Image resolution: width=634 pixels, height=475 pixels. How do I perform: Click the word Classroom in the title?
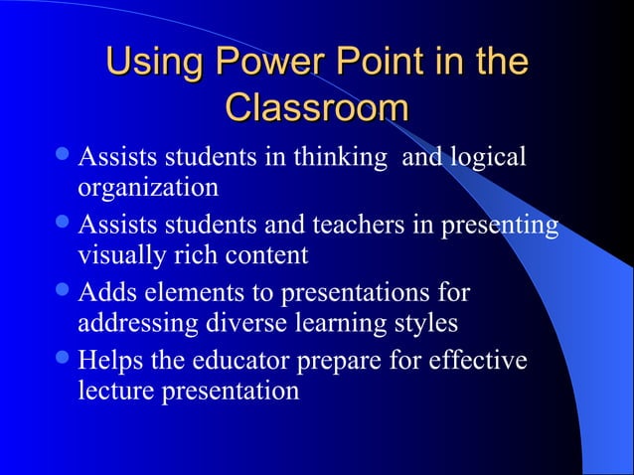(317, 106)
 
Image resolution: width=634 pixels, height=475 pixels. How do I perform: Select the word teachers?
(358, 226)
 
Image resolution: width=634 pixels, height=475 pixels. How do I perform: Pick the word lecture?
(113, 391)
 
